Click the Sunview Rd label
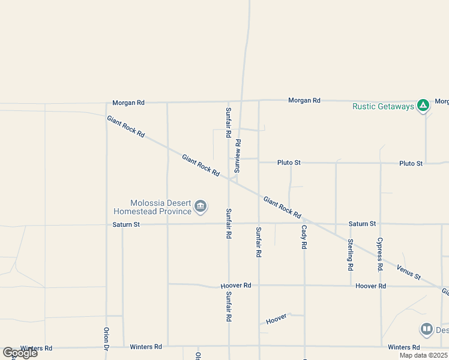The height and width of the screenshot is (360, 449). point(238,156)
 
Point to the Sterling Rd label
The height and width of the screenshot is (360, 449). point(351,253)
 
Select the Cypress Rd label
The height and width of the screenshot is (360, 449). point(380,253)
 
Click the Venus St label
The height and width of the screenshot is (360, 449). point(408,271)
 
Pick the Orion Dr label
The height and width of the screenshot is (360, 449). point(106,337)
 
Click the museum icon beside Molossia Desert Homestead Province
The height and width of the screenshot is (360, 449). point(200,208)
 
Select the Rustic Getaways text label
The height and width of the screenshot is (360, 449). point(383,107)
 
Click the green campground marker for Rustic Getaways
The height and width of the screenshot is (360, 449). point(423,106)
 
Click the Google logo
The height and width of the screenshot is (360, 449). point(20,352)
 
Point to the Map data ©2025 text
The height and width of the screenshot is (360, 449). point(424,355)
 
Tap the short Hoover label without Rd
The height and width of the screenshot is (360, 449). point(277,319)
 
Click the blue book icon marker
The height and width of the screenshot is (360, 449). point(426,329)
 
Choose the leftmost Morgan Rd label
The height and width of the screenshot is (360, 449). point(128,103)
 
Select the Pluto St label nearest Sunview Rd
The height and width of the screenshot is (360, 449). point(289,163)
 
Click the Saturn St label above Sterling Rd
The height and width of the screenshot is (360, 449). point(363,224)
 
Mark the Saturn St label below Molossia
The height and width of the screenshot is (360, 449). point(126,224)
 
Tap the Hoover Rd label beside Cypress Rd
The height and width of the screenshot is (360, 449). point(370,286)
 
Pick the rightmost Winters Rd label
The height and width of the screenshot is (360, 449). point(404,347)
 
